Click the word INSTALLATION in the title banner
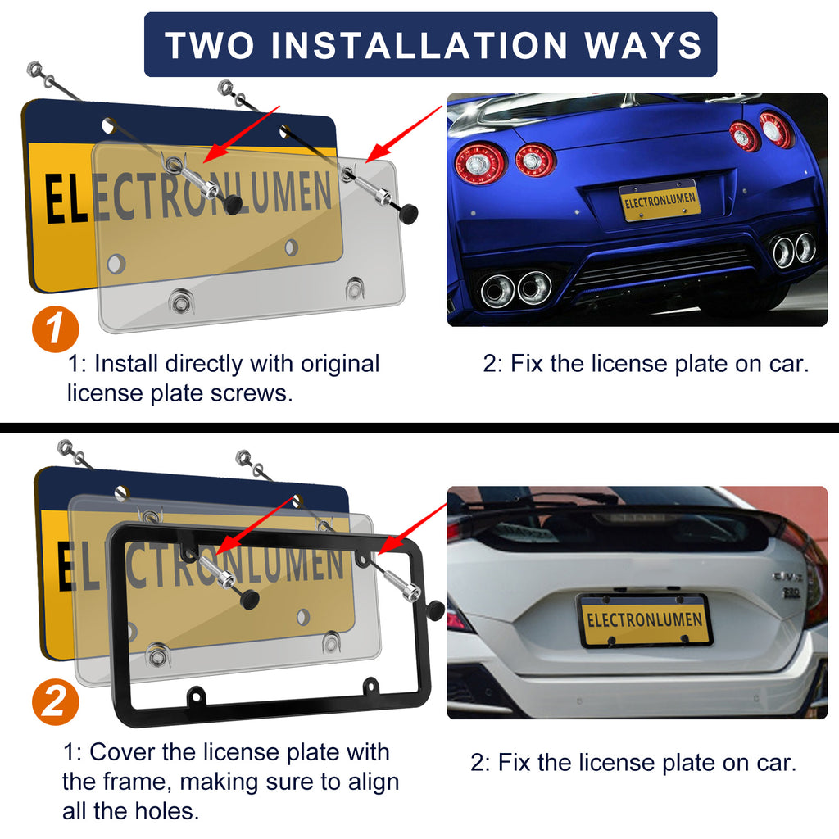[x=419, y=45]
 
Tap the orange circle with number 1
[x=56, y=329]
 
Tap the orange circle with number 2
[x=56, y=702]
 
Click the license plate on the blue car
[x=660, y=200]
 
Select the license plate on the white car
[x=644, y=620]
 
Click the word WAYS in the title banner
[x=642, y=45]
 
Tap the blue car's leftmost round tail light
[x=480, y=163]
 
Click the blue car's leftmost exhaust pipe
[x=497, y=291]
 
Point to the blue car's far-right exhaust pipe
[x=805, y=247]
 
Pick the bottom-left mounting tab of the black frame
[x=195, y=695]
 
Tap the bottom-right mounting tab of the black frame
[x=370, y=686]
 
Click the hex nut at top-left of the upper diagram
[x=34, y=70]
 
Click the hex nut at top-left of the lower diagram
[x=66, y=446]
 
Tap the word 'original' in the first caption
[x=340, y=364]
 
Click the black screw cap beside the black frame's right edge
[x=436, y=610]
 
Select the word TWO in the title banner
[x=210, y=45]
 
